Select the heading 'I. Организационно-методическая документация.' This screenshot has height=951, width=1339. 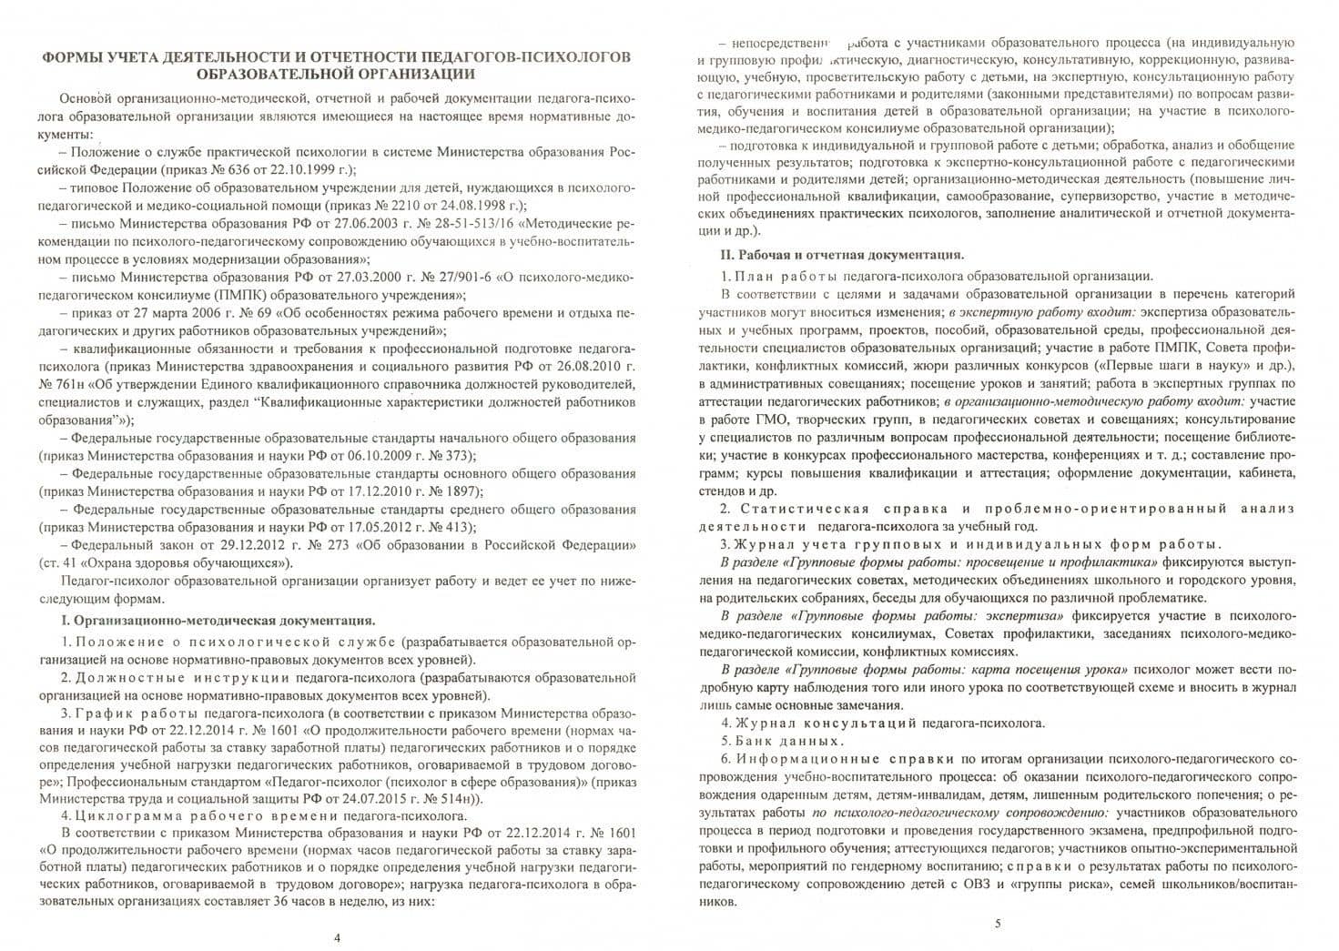(x=217, y=621)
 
